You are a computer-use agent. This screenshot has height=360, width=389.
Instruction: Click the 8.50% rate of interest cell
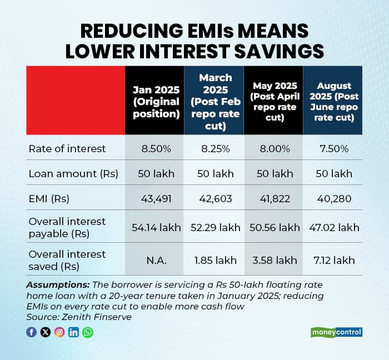click(156, 149)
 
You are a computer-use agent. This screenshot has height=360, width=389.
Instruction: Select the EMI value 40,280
click(335, 198)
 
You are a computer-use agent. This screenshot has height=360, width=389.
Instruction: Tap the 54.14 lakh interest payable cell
click(156, 227)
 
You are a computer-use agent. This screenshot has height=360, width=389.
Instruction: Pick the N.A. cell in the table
click(156, 260)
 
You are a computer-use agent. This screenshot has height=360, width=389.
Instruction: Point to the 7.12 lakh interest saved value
click(335, 260)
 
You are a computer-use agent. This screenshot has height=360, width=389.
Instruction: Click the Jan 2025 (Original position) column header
click(156, 101)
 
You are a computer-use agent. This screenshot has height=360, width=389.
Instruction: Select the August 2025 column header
click(335, 101)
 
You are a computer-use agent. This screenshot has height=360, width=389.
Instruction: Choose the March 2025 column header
click(215, 101)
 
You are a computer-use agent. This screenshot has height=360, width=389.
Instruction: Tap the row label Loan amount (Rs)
click(73, 174)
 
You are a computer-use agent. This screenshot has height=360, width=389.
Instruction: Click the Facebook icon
click(32, 332)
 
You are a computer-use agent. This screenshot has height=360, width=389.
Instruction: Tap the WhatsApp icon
click(88, 332)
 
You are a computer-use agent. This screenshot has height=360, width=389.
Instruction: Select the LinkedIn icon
click(74, 332)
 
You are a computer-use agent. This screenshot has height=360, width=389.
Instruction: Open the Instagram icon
click(59, 332)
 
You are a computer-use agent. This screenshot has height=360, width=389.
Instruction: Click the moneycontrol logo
click(336, 332)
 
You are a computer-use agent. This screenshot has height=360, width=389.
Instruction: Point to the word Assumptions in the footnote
click(51, 285)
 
